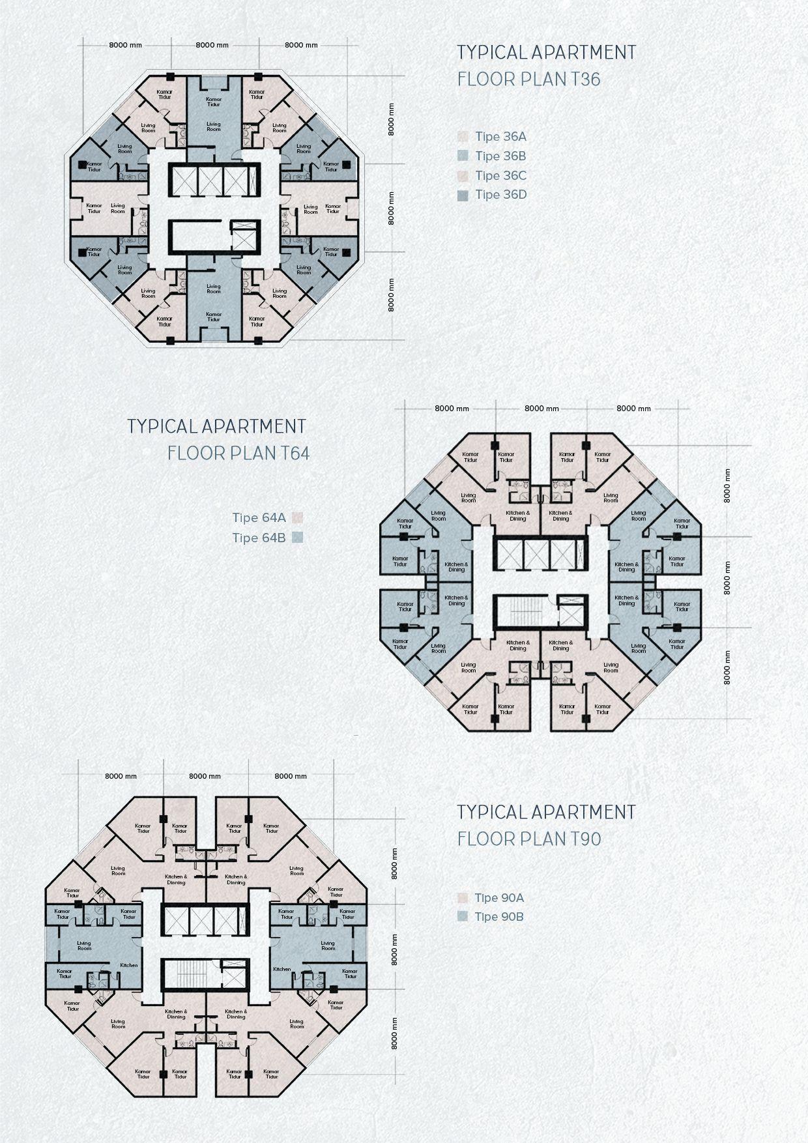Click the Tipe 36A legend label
coord(500,137)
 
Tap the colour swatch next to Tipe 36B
coord(463,156)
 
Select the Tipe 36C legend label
coord(500,176)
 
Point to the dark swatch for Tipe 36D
coord(463,195)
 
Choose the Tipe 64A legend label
coord(259,518)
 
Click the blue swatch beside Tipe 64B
coord(298,538)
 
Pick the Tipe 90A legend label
coord(499,898)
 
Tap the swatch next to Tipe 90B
coord(463,917)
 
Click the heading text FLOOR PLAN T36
coord(528,80)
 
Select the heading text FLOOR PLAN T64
coord(238,453)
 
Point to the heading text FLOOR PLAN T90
coord(528,839)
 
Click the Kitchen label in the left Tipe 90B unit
coord(128,965)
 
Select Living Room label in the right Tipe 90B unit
coord(327,946)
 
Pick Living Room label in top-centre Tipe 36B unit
coord(214,126)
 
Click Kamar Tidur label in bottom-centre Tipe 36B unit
coord(214,317)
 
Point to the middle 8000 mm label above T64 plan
coord(542,409)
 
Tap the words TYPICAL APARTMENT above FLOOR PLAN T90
coord(545,812)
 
